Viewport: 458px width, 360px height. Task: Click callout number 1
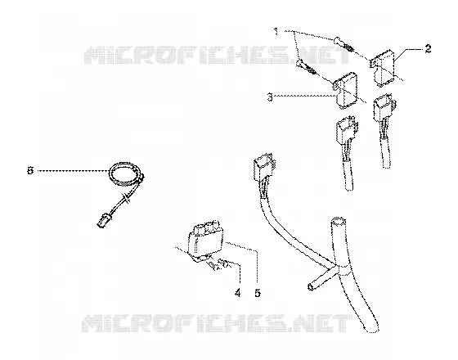click(276, 31)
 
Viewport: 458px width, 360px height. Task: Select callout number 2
click(428, 49)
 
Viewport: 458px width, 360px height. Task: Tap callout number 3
click(270, 97)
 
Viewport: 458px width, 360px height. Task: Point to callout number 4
click(238, 293)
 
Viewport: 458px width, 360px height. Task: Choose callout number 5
click(258, 293)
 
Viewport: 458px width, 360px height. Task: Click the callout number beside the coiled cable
click(30, 170)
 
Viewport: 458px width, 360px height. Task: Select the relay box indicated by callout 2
click(382, 69)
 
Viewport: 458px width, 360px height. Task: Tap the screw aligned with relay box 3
click(306, 67)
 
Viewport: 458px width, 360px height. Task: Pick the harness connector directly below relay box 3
click(347, 129)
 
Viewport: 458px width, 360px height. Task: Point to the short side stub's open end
click(310, 286)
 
